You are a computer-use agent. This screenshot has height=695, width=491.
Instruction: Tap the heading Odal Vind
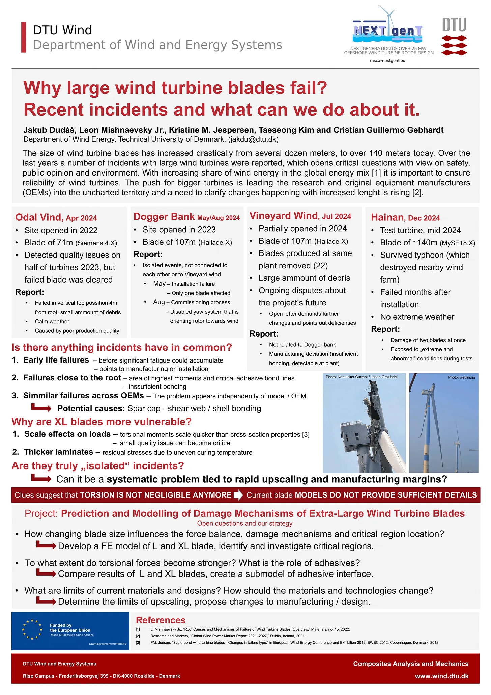tap(39, 217)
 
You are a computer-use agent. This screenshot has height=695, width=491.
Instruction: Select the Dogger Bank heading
tap(164, 217)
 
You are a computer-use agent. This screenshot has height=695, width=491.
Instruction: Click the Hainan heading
tap(387, 217)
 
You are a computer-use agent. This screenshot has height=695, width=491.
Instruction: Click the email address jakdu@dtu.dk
tap(253, 139)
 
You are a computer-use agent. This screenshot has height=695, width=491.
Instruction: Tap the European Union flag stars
tap(32, 630)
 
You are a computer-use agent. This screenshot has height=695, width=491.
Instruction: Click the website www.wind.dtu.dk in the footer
tap(441, 676)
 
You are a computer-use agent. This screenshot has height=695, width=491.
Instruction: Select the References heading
tap(161, 620)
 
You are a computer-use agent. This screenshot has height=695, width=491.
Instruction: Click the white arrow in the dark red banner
tap(238, 495)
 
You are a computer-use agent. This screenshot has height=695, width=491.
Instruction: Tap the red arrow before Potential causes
tap(41, 408)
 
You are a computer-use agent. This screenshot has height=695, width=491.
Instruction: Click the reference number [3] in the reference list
tap(138, 642)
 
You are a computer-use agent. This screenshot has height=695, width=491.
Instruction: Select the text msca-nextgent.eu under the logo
tap(387, 61)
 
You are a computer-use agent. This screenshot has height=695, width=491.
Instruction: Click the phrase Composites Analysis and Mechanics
tap(410, 664)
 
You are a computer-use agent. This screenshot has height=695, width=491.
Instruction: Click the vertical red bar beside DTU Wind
tap(24, 37)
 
